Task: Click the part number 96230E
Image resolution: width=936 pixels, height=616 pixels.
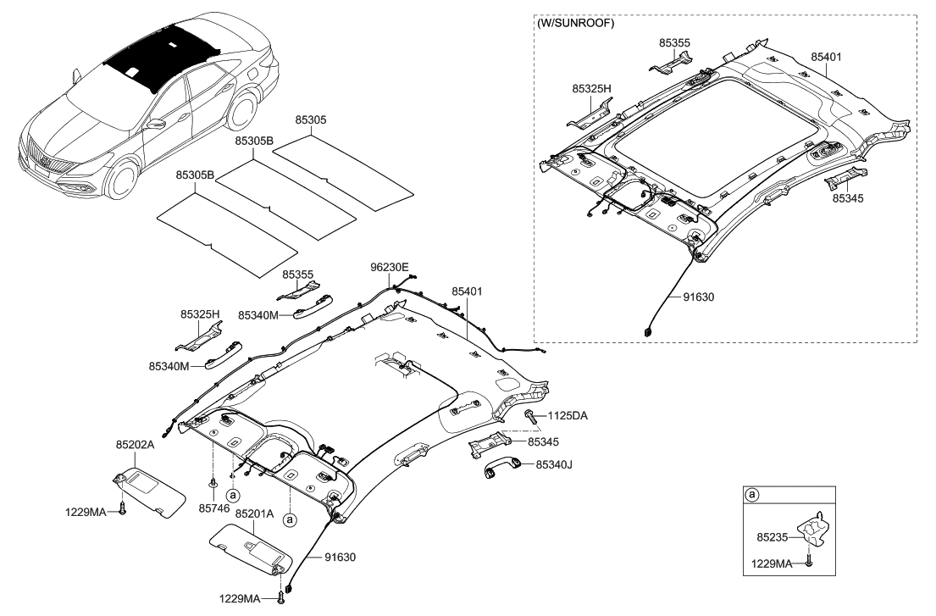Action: coord(390,268)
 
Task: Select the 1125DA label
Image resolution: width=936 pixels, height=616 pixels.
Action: coord(568,416)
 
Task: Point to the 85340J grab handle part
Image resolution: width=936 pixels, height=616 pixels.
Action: coord(498,471)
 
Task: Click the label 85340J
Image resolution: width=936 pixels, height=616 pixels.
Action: coord(554,463)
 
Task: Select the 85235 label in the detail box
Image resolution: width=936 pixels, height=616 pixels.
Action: coord(772,536)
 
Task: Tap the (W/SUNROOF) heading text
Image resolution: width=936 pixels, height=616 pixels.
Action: coord(576,23)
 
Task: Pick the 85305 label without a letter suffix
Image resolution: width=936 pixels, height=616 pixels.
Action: coord(310,120)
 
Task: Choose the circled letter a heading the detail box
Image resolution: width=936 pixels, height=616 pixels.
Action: coord(750,494)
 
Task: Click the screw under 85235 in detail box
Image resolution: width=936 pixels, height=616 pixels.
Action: coord(810,560)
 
